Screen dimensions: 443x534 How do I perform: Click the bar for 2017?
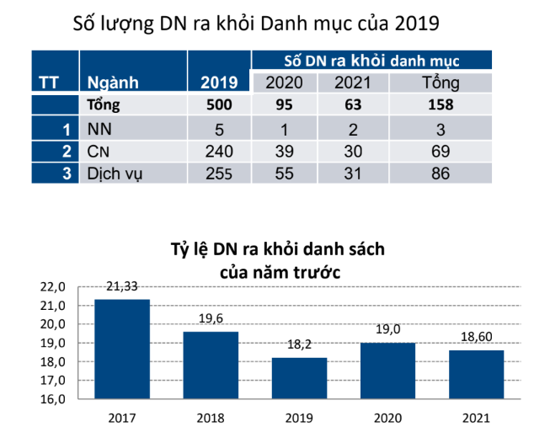[122, 349]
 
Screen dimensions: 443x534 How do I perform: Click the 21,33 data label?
[122, 287]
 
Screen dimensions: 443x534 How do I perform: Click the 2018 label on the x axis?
[211, 418]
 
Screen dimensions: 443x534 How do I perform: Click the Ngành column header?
[113, 83]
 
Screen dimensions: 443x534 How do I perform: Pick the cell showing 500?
[219, 105]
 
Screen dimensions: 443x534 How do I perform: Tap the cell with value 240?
[219, 152]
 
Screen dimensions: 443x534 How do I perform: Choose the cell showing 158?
[440, 105]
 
